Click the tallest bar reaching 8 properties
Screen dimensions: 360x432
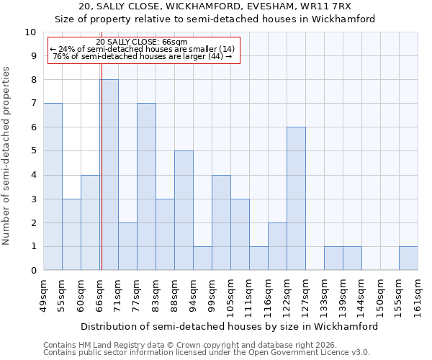click(x=109, y=175)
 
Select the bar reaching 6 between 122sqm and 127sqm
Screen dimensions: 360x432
click(x=296, y=199)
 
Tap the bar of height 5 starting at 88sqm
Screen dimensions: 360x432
click(x=184, y=210)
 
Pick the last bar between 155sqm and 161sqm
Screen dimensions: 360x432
click(x=408, y=258)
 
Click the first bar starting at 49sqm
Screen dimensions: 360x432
click(x=53, y=186)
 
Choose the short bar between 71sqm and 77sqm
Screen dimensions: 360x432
click(x=127, y=246)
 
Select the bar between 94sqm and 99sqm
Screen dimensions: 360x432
click(x=202, y=258)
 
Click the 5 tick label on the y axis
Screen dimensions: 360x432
click(x=32, y=151)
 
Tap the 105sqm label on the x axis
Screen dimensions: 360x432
click(x=231, y=297)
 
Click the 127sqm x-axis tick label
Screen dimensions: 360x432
click(x=306, y=297)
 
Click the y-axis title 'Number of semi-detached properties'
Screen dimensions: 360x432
click(x=7, y=156)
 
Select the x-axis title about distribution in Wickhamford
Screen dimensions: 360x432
click(x=229, y=326)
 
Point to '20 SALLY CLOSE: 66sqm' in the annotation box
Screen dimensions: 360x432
click(x=142, y=42)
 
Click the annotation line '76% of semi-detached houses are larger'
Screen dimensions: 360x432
click(x=142, y=56)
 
